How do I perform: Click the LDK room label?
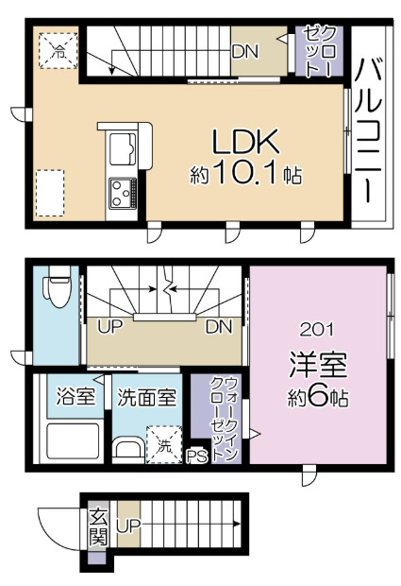(245, 143)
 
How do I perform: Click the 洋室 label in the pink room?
(317, 363)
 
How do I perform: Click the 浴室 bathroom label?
(75, 397)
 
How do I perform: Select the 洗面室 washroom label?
(146, 397)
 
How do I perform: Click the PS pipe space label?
(196, 457)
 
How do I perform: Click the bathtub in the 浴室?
(75, 440)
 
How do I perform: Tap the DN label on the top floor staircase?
(243, 49)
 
